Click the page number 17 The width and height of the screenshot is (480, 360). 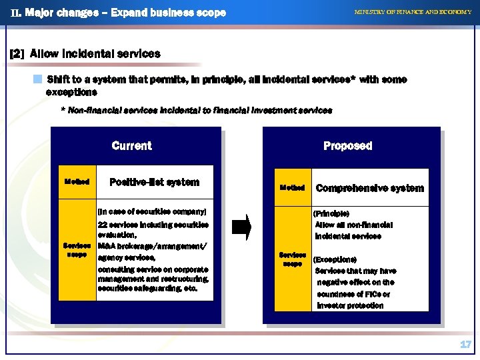[465, 345]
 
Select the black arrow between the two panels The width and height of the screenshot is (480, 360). [241, 227]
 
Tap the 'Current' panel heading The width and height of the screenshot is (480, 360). [131, 146]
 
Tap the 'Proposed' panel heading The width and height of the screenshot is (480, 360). [347, 146]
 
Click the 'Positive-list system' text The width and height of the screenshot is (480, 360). [154, 182]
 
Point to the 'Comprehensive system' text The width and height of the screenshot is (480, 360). [369, 188]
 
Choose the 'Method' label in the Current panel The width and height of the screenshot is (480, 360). [77, 181]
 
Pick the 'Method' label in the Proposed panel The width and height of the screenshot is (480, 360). [293, 188]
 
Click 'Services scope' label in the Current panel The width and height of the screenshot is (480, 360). [77, 250]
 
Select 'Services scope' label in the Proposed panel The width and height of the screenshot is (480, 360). [293, 259]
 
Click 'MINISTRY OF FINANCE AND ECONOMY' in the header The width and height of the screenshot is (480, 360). [413, 12]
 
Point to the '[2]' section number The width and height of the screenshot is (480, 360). [17, 54]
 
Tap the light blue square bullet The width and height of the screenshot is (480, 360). [39, 79]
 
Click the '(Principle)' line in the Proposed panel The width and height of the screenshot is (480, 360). [331, 213]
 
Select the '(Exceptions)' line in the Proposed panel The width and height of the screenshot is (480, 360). [335, 259]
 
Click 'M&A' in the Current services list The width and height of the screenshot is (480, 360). [107, 247]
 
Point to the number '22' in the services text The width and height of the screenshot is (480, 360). [103, 225]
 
